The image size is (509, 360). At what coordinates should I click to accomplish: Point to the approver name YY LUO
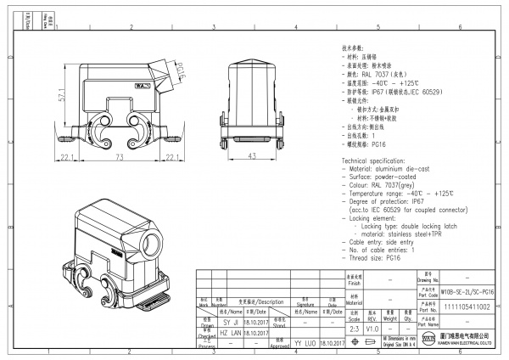click(305, 346)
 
